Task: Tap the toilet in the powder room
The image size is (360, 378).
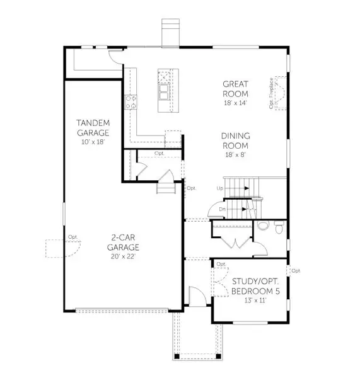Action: (x=264, y=226)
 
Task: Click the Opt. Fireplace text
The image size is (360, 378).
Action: (x=272, y=93)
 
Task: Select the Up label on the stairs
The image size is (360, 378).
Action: (x=219, y=188)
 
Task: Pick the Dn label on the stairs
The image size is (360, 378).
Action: (x=223, y=209)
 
